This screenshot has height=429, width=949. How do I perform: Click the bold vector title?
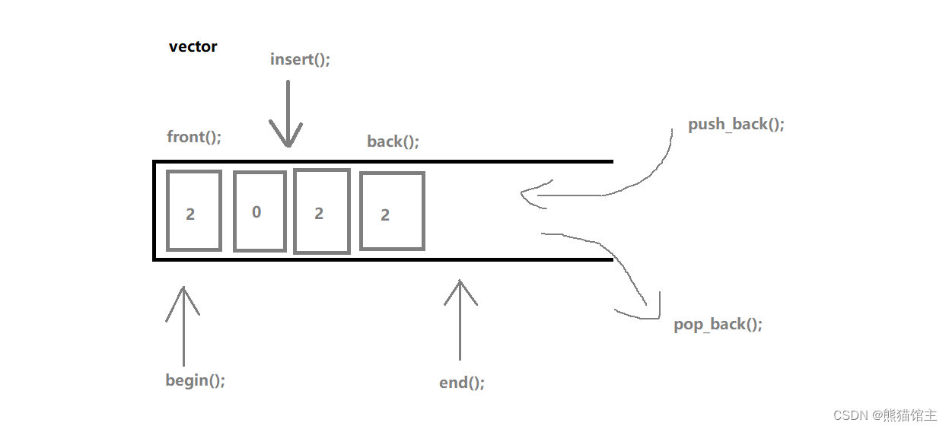click(193, 46)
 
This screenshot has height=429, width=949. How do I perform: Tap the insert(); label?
click(300, 59)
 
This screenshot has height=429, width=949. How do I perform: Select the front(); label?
click(194, 137)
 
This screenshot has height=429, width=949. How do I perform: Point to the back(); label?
click(393, 141)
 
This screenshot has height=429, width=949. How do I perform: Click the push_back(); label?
click(737, 124)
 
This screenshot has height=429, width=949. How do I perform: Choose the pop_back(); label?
click(718, 324)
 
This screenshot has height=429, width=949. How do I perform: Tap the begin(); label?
click(196, 380)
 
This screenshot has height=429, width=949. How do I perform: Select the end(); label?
click(462, 383)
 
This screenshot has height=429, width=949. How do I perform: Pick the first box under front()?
click(167, 211)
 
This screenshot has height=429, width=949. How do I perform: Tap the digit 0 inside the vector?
click(256, 211)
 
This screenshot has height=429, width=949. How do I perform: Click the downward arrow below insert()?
click(288, 113)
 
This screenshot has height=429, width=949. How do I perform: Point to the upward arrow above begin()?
click(183, 326)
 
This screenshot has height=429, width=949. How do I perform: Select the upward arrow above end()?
click(460, 319)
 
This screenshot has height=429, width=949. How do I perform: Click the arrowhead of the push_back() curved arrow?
click(522, 193)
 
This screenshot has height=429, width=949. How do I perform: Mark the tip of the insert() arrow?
click(288, 147)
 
